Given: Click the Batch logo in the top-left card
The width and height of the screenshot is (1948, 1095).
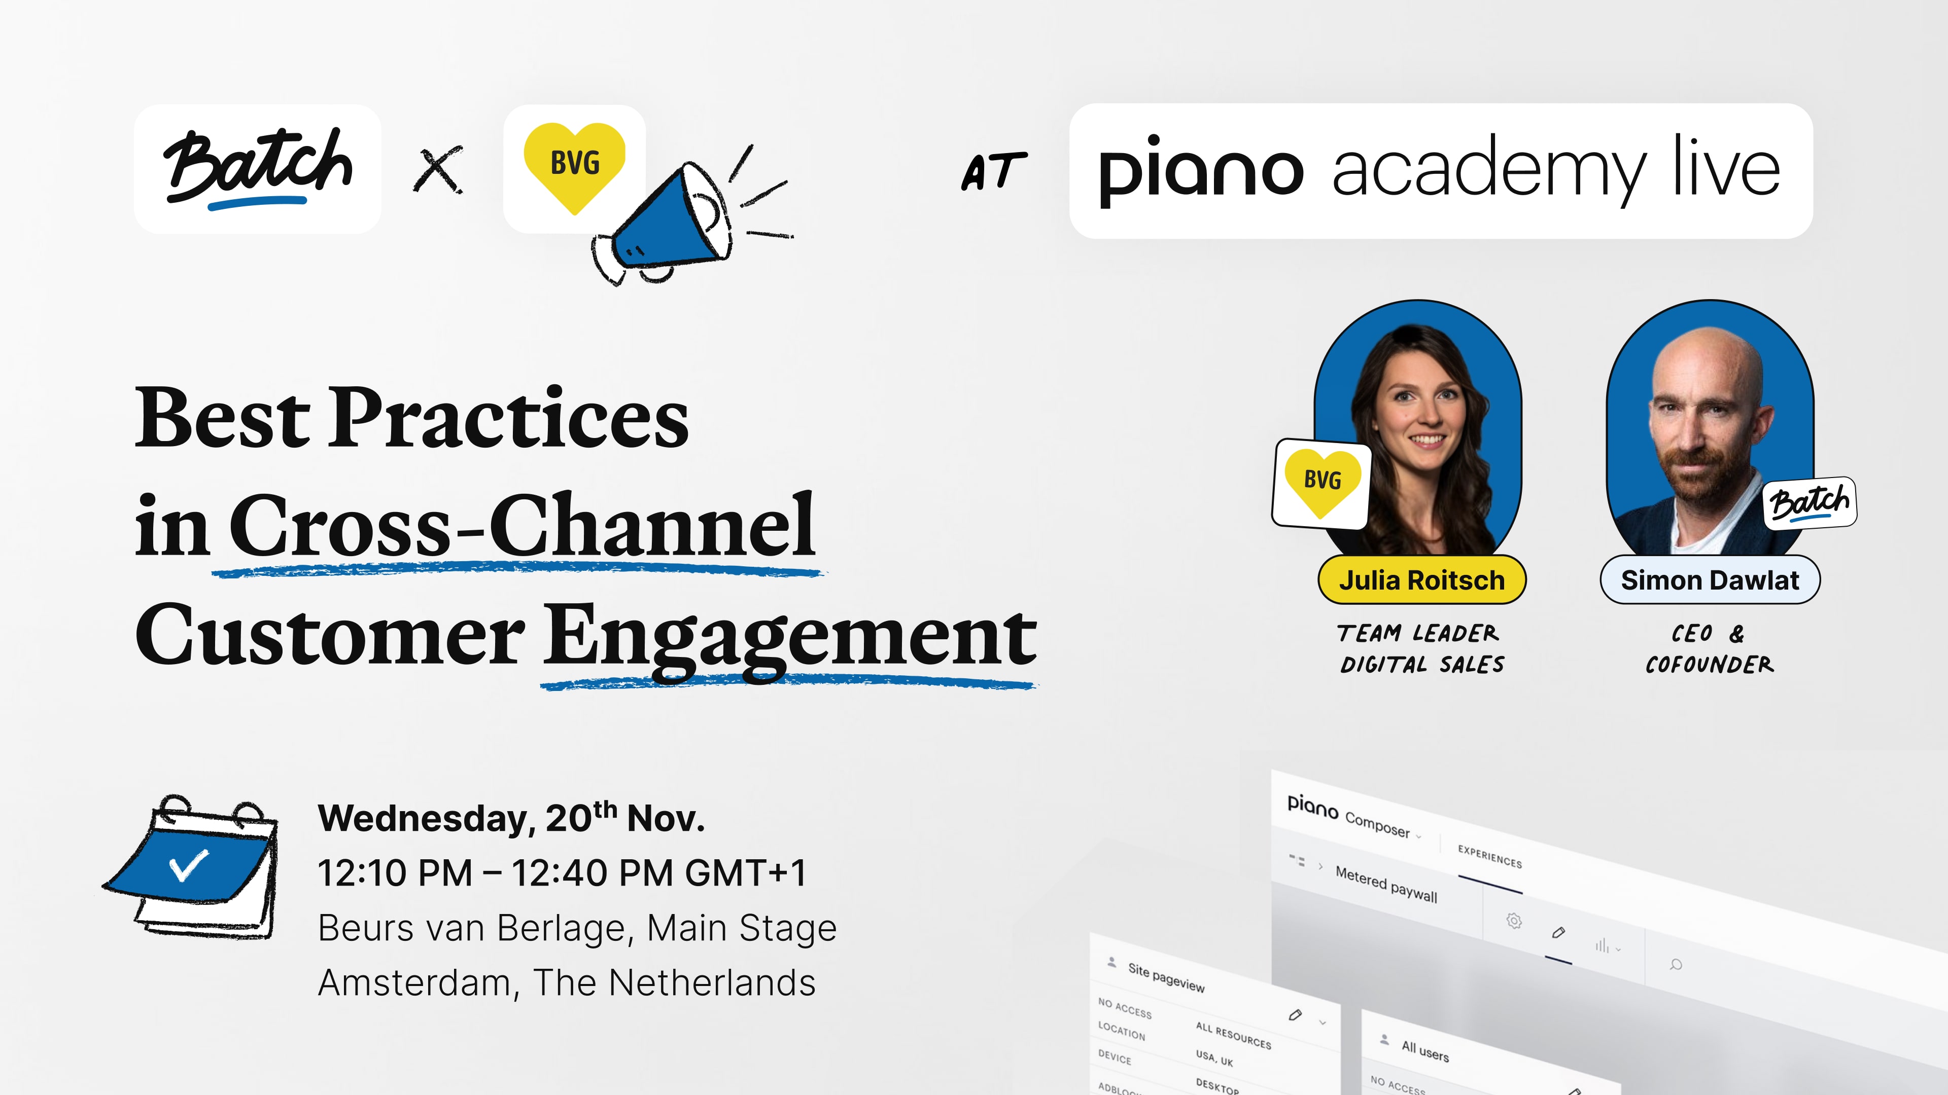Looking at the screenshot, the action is (x=258, y=168).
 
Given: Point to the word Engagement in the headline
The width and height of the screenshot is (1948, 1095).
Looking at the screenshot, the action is (x=790, y=639).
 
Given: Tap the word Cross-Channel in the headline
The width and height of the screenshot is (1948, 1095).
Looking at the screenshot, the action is (x=522, y=525).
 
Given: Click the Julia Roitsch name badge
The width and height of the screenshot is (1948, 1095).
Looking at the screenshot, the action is (x=1421, y=579).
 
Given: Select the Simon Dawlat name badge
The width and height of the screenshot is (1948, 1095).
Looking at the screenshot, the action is (x=1710, y=579).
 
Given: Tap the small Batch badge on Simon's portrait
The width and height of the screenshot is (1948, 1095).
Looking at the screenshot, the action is (x=1810, y=502).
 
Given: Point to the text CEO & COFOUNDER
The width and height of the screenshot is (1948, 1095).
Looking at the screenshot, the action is (x=1709, y=648).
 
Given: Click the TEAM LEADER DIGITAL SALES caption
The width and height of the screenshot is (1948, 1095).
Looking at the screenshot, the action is (x=1421, y=648).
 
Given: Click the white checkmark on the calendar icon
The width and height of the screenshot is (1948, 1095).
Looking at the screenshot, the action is (x=189, y=866).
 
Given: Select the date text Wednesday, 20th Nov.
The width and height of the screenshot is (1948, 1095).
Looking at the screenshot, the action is (x=511, y=818).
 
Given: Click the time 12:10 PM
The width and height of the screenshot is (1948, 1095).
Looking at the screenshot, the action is (x=395, y=873).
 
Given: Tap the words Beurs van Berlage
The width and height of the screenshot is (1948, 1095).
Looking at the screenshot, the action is (x=475, y=928).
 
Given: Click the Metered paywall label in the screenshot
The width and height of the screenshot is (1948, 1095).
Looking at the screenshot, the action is (x=1386, y=884).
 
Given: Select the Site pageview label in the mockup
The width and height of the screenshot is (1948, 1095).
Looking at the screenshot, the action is (x=1166, y=977).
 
